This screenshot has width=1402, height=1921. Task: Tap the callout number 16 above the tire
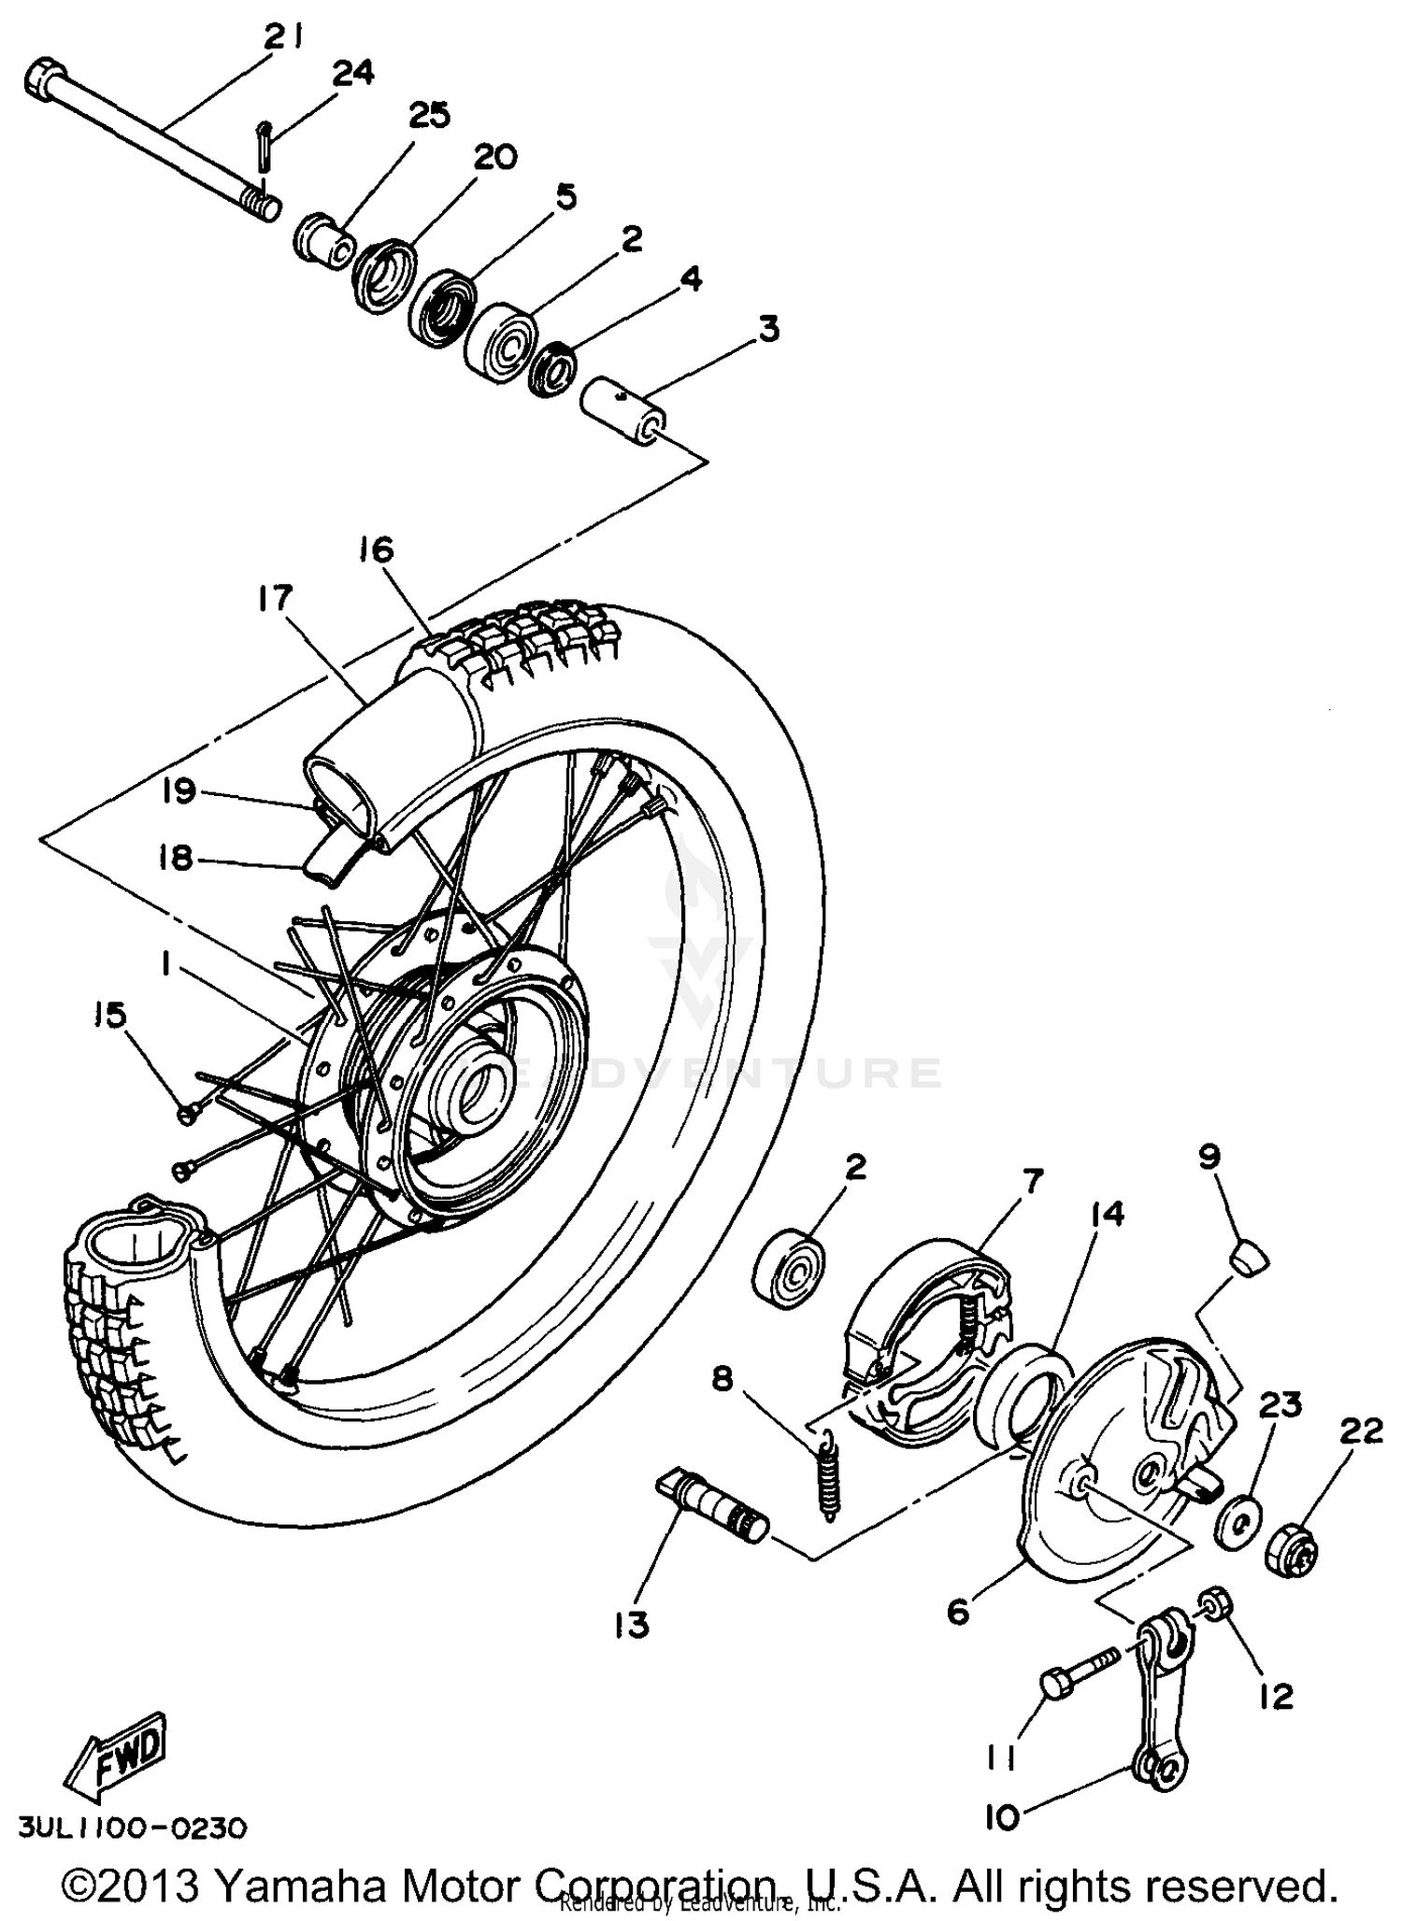pos(376,549)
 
